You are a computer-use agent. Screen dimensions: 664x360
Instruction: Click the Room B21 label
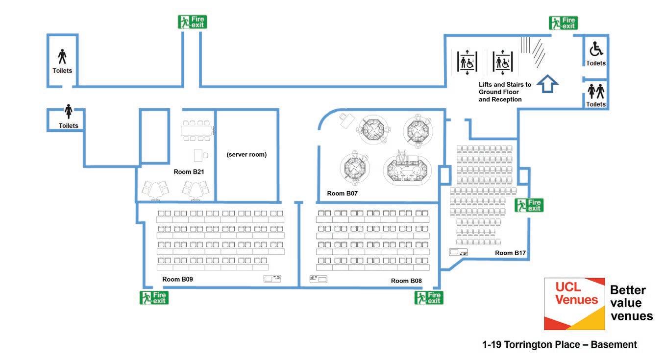click(x=189, y=172)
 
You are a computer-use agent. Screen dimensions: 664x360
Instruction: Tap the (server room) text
click(x=246, y=154)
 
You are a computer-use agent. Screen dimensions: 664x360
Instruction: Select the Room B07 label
click(x=343, y=193)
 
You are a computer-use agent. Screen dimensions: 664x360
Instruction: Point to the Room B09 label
click(x=177, y=279)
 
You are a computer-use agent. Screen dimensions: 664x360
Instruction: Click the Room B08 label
click(x=406, y=281)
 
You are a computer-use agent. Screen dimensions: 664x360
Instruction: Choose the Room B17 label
click(x=510, y=253)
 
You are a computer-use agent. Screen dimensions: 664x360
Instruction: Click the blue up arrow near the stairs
click(x=548, y=84)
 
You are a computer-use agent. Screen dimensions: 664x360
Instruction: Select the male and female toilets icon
click(x=596, y=91)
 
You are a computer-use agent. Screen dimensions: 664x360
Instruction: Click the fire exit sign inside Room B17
click(x=529, y=205)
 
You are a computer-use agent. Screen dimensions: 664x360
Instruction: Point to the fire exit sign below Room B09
click(x=154, y=297)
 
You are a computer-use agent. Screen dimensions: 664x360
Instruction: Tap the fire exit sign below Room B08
click(x=429, y=297)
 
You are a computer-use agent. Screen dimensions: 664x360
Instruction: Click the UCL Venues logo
click(x=574, y=304)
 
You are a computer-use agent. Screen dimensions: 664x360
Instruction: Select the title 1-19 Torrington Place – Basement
click(x=560, y=345)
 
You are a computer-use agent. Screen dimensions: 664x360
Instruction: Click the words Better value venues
click(x=631, y=303)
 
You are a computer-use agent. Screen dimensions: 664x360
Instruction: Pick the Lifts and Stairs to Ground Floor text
click(x=505, y=92)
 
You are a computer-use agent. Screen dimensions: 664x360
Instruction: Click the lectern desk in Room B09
click(x=272, y=279)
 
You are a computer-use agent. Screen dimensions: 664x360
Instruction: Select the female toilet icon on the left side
click(x=69, y=112)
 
